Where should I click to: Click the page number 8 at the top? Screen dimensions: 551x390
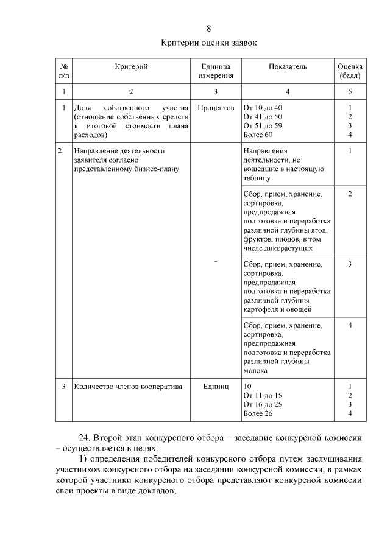tap(209, 29)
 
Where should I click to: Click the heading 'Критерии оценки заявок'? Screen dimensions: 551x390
tap(209, 43)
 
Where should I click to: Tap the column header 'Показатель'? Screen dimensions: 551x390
tap(287, 66)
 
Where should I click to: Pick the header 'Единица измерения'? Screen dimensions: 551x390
tap(216, 71)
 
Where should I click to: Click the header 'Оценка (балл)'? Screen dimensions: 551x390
tap(350, 71)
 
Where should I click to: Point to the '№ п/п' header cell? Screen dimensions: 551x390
tap(63, 71)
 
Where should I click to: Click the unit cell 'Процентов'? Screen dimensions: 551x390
tap(216, 108)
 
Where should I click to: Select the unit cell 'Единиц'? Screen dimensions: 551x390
tap(216, 387)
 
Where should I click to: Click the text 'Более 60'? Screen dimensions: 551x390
tap(258, 134)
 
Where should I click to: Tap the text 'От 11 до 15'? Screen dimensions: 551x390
tap(263, 396)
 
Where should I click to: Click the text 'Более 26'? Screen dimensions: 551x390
tap(258, 414)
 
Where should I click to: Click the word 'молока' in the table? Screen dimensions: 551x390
tap(255, 370)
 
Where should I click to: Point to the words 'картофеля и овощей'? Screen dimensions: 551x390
tap(274, 309)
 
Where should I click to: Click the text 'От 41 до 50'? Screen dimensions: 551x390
tap(263, 116)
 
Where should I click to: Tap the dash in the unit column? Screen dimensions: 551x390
tap(216, 262)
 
